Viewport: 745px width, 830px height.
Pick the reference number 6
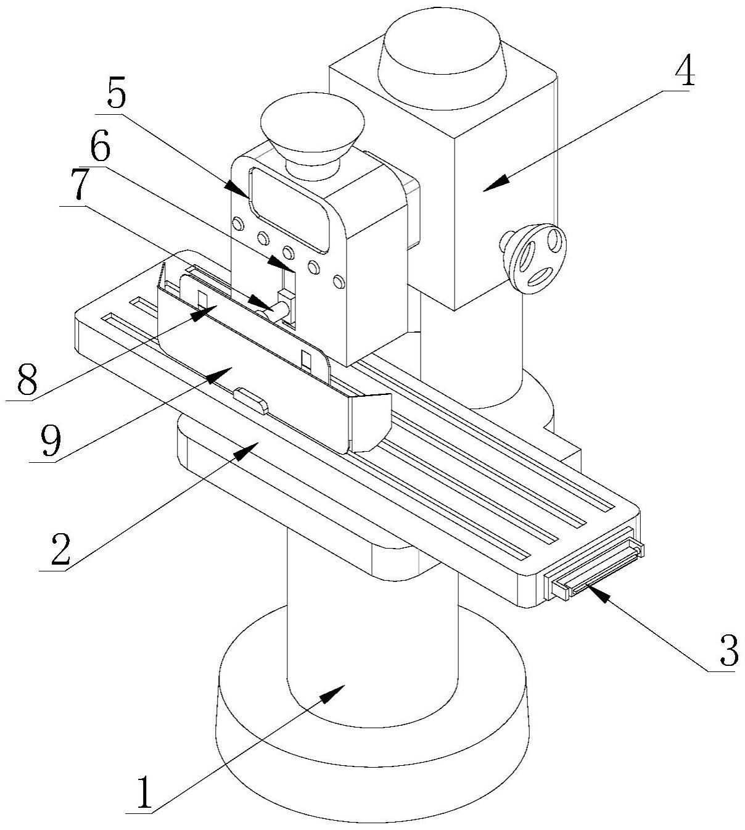point(101,145)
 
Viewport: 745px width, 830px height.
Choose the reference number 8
point(28,378)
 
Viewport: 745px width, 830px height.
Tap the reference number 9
point(51,441)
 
